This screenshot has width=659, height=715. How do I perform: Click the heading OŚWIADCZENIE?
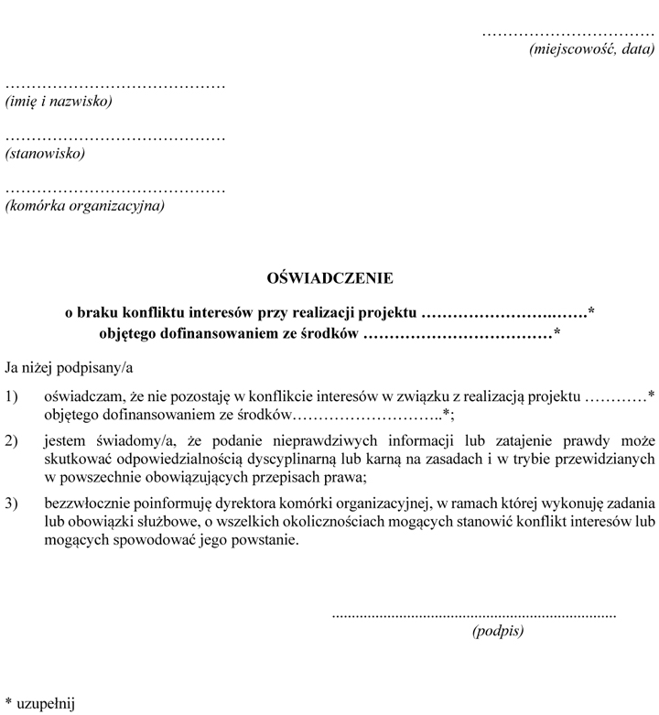329,276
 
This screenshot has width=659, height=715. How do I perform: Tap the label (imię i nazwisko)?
59,101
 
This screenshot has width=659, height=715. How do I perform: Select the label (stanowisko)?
45,153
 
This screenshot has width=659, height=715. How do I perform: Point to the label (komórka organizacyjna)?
85,205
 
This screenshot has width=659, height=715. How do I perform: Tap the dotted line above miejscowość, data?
568,34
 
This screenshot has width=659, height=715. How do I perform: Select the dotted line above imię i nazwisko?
115,85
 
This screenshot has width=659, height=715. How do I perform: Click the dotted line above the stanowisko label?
115,137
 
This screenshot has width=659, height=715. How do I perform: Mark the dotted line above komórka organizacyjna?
115,190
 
